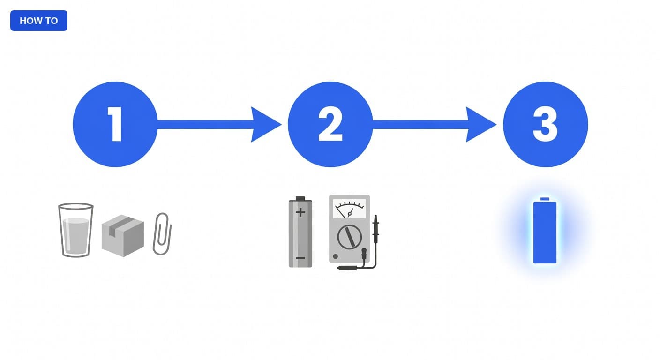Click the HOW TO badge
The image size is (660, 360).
(x=38, y=21)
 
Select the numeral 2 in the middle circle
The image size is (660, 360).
(x=330, y=124)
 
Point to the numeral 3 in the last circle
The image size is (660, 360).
(x=545, y=124)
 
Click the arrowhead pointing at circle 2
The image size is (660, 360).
(x=264, y=124)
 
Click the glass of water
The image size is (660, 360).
(x=76, y=230)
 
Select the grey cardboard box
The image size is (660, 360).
(x=122, y=236)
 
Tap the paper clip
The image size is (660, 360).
(x=162, y=233)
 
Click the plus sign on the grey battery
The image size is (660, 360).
(x=300, y=212)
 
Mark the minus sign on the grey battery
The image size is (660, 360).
(x=300, y=258)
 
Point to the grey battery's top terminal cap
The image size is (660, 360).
(x=300, y=199)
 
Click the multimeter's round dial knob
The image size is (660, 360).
(x=349, y=237)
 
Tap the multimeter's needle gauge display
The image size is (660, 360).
(x=349, y=208)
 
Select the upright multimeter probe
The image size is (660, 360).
(x=375, y=229)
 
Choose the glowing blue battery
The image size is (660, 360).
(x=545, y=232)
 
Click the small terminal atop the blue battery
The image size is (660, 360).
(x=545, y=199)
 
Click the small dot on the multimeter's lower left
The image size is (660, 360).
(x=335, y=256)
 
